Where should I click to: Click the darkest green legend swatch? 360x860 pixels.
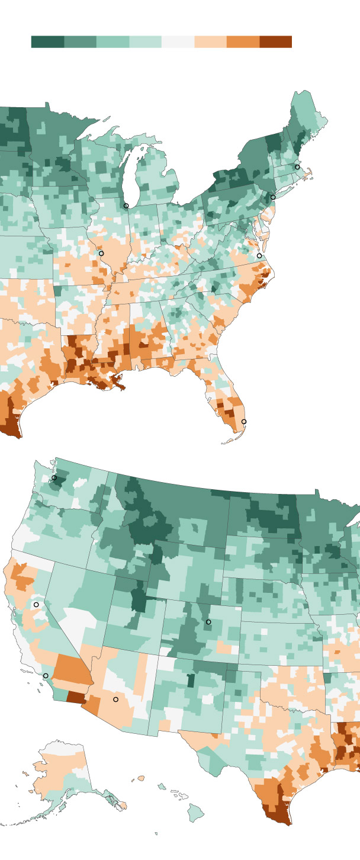click(47, 41)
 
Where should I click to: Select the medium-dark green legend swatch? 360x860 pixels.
click(80, 41)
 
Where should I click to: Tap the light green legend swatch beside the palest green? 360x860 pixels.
click(112, 41)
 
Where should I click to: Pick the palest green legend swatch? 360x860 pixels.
click(145, 41)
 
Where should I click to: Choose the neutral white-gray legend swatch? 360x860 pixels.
click(178, 41)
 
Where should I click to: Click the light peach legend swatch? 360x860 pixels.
click(210, 41)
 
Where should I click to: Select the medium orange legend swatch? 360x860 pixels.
click(243, 41)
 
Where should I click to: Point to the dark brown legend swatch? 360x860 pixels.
click(275, 41)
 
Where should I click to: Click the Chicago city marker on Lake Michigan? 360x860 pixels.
click(126, 206)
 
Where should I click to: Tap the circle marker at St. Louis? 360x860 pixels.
click(101, 253)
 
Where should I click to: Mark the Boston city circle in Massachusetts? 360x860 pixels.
click(297, 167)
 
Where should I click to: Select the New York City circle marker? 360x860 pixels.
click(273, 197)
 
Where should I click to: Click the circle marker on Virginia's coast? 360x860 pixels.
click(259, 256)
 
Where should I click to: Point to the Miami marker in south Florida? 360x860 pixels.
click(244, 422)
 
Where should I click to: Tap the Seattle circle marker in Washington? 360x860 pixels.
click(54, 477)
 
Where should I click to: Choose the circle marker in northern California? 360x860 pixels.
click(36, 605)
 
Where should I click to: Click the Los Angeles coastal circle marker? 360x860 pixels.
click(46, 676)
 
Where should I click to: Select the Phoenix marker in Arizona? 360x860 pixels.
click(116, 699)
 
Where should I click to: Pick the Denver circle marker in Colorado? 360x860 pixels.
click(208, 622)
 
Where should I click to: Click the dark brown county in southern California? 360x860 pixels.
click(76, 697)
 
